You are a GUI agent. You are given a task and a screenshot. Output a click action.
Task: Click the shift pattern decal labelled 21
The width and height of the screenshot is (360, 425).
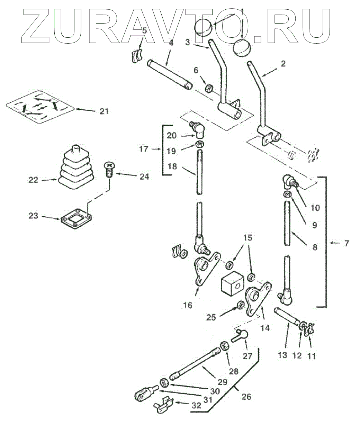[40, 106]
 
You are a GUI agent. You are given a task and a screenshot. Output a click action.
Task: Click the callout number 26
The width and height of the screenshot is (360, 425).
[246, 396]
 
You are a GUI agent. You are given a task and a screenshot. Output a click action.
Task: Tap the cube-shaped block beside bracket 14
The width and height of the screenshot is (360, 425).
[232, 284]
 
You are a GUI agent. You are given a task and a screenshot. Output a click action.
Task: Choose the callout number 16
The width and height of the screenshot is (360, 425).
[188, 305]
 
